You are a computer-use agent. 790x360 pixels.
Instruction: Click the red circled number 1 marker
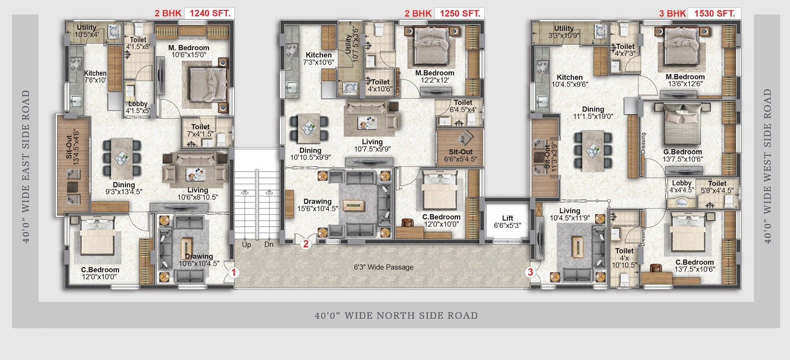233,273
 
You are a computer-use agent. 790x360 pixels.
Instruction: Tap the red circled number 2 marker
306,244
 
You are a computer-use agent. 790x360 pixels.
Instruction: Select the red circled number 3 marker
530,272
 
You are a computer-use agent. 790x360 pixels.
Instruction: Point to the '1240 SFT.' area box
210,13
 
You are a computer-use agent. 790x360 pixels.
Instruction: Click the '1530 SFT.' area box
714,13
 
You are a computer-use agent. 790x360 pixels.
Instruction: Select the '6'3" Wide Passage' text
383,267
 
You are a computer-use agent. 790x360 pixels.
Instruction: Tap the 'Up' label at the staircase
246,244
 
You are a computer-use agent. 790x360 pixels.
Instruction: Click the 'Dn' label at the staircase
269,244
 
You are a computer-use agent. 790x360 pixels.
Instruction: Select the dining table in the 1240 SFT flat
122,158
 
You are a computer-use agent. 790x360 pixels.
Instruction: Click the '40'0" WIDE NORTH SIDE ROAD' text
396,316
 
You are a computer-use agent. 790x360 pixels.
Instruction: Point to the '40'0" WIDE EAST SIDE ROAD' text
26,166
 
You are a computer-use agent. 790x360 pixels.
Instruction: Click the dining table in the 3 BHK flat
593,150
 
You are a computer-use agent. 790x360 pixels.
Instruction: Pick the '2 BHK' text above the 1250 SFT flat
417,13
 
